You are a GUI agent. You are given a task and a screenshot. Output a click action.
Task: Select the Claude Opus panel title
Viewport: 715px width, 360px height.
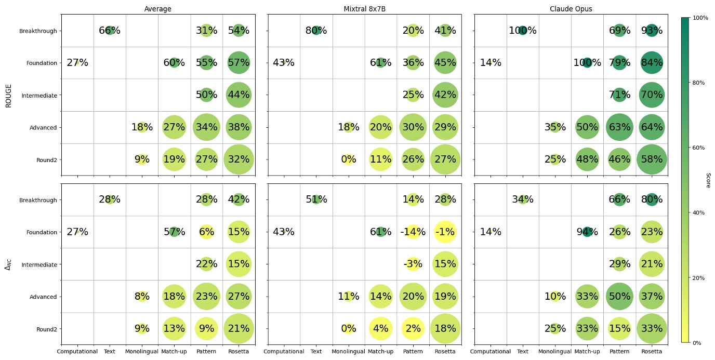[571, 9]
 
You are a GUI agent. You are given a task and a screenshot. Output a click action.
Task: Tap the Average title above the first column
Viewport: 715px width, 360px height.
[158, 9]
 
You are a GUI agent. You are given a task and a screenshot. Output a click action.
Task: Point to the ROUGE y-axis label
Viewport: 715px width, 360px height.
[8, 96]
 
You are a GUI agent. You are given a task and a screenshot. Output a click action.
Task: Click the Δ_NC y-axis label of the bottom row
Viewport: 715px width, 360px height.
[8, 264]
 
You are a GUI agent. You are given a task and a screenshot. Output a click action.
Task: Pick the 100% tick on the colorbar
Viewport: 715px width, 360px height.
[700, 18]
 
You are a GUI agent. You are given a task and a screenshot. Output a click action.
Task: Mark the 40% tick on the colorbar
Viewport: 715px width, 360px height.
[700, 212]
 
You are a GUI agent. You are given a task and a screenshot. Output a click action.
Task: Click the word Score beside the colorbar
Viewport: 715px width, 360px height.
[708, 180]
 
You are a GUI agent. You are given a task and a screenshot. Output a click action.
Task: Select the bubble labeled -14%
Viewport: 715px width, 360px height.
[413, 232]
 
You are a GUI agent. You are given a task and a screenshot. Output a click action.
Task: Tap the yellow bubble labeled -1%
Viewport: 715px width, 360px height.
[445, 232]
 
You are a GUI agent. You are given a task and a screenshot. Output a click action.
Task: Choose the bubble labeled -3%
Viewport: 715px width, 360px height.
[413, 264]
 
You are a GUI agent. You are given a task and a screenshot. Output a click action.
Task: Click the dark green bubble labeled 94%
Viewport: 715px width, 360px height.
[587, 232]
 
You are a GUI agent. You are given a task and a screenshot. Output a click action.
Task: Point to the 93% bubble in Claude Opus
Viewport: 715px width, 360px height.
[652, 31]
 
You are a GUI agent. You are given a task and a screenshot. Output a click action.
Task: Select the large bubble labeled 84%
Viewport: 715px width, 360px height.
[652, 63]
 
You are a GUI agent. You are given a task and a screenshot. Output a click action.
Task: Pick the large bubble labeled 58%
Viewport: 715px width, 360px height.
[652, 159]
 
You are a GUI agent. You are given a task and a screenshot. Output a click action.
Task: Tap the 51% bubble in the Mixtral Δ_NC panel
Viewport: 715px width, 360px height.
[316, 199]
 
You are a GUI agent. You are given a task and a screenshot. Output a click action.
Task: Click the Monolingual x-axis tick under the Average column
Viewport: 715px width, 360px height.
[142, 352]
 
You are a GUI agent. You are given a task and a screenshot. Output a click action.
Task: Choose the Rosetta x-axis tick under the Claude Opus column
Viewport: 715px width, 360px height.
[652, 352]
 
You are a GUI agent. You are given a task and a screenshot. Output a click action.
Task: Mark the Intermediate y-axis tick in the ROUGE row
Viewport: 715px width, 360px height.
[39, 96]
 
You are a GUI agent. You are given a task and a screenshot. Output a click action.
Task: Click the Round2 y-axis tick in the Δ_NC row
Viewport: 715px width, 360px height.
[46, 329]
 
